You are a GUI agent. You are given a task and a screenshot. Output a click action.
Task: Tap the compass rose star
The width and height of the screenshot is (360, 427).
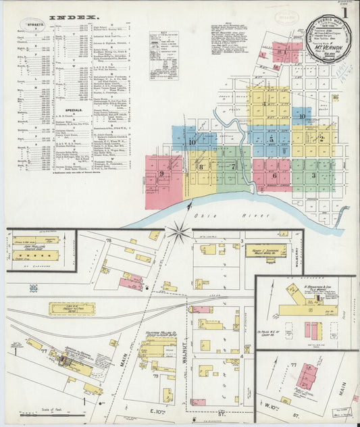tap(179, 233)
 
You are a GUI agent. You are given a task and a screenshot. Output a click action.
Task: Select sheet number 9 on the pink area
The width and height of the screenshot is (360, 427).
tap(162, 174)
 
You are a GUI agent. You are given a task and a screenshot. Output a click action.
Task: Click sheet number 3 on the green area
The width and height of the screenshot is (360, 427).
tap(313, 174)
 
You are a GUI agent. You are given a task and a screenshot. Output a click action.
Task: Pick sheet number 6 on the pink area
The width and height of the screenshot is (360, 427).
tap(274, 175)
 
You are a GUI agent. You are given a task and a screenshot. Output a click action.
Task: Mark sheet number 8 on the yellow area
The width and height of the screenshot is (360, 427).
tap(200, 166)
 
